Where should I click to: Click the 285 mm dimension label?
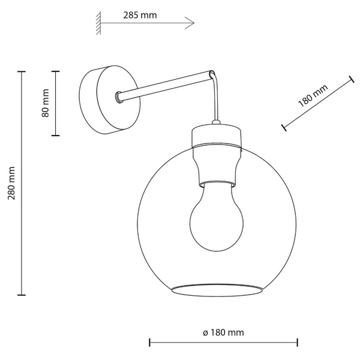[137, 15]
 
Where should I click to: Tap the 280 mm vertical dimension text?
[10, 183]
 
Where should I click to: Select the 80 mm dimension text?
[45, 103]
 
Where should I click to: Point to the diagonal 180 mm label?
[313, 96]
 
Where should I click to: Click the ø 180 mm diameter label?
[223, 332]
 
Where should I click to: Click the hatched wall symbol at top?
[97, 23]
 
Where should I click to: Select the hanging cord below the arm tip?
[215, 102]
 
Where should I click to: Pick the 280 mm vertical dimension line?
[22, 183]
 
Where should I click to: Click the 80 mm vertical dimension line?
[56, 103]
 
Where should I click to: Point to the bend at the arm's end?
[211, 73]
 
